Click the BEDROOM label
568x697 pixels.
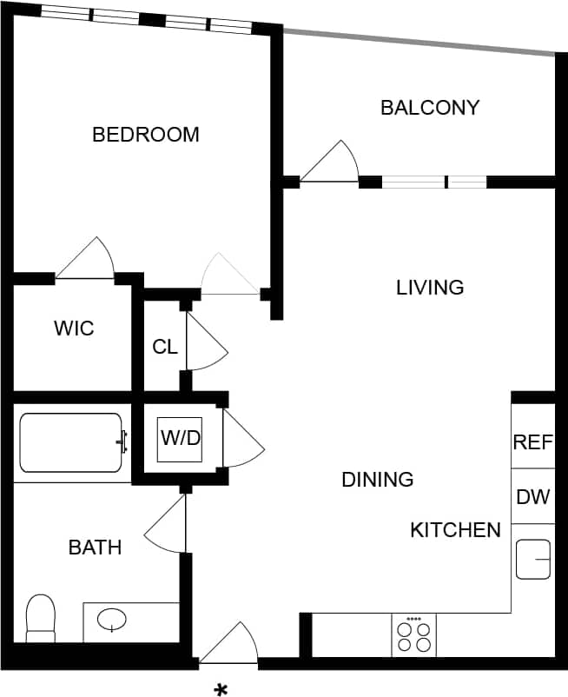[146, 135]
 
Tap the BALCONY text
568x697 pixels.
[430, 108]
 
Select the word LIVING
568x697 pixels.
[430, 287]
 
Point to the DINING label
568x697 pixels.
[377, 479]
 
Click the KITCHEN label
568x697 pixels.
[455, 530]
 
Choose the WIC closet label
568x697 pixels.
[74, 329]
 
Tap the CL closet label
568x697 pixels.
[165, 347]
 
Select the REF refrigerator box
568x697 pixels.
[532, 441]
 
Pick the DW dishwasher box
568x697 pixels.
[532, 497]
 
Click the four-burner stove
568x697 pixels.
[413, 635]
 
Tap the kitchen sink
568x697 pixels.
[533, 559]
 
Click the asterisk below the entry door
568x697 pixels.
[221, 690]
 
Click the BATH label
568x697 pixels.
[95, 548]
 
